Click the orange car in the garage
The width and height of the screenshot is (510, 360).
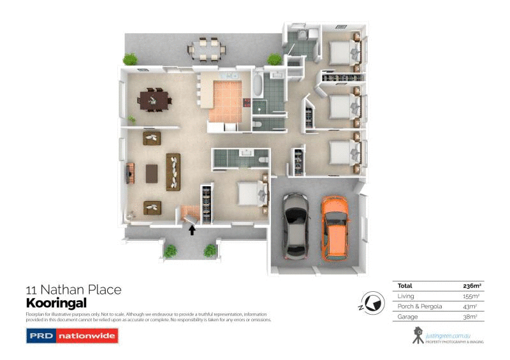pos(335,229)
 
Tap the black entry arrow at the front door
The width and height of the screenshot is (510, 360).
pos(192,230)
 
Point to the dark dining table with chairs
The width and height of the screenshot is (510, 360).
pos(155,100)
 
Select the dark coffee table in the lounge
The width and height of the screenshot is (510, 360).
pos(152,172)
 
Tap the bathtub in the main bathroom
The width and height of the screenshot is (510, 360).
pos(257,85)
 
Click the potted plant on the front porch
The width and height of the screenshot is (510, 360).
pos(170,251)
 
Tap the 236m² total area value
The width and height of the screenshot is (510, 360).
pos(470,286)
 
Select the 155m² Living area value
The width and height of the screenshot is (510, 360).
pos(470,296)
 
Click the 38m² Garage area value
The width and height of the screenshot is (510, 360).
pos(470,317)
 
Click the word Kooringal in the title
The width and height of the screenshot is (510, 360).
pos(56,303)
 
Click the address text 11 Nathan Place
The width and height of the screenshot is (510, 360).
pos(73,290)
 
